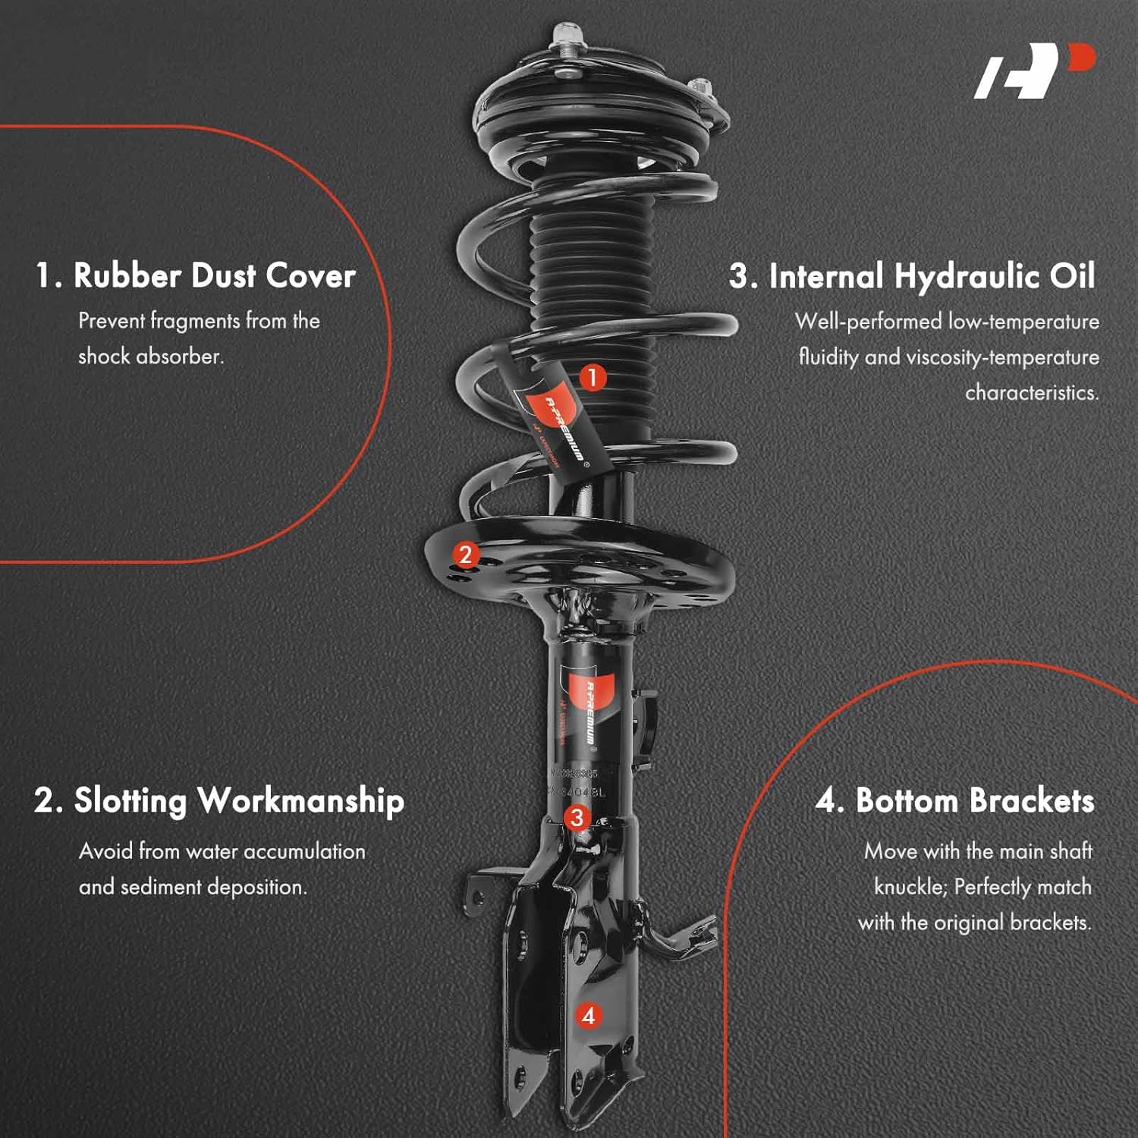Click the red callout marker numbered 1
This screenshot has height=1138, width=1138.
click(593, 377)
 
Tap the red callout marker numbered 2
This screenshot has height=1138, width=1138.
click(466, 555)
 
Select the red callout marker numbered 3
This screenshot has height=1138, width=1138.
click(577, 817)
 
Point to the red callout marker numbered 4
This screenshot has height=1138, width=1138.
click(589, 1015)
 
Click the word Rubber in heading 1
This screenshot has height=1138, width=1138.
click(126, 275)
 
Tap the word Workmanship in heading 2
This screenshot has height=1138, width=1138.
click(300, 801)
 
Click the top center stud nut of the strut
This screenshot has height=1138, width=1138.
click(565, 34)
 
